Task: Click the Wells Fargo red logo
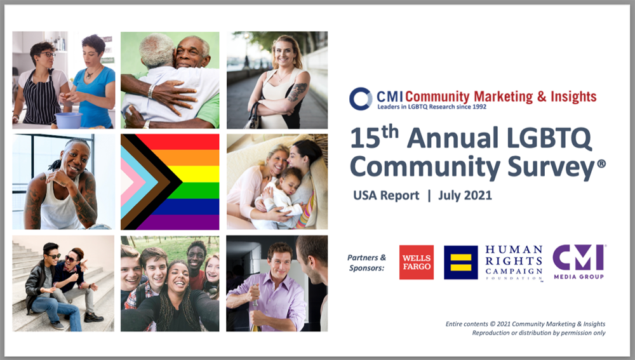(x=417, y=262)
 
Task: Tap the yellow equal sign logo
(x=461, y=262)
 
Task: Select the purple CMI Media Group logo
(x=579, y=262)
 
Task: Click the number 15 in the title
(x=365, y=138)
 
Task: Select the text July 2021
(x=465, y=195)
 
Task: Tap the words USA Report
(x=386, y=195)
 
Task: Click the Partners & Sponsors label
(x=366, y=262)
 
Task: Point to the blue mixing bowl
(x=69, y=120)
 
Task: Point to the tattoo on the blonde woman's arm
(x=297, y=91)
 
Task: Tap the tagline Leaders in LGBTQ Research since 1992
(x=432, y=107)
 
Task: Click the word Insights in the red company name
(x=573, y=97)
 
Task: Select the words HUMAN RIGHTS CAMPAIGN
(x=514, y=260)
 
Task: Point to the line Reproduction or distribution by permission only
(x=538, y=333)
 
